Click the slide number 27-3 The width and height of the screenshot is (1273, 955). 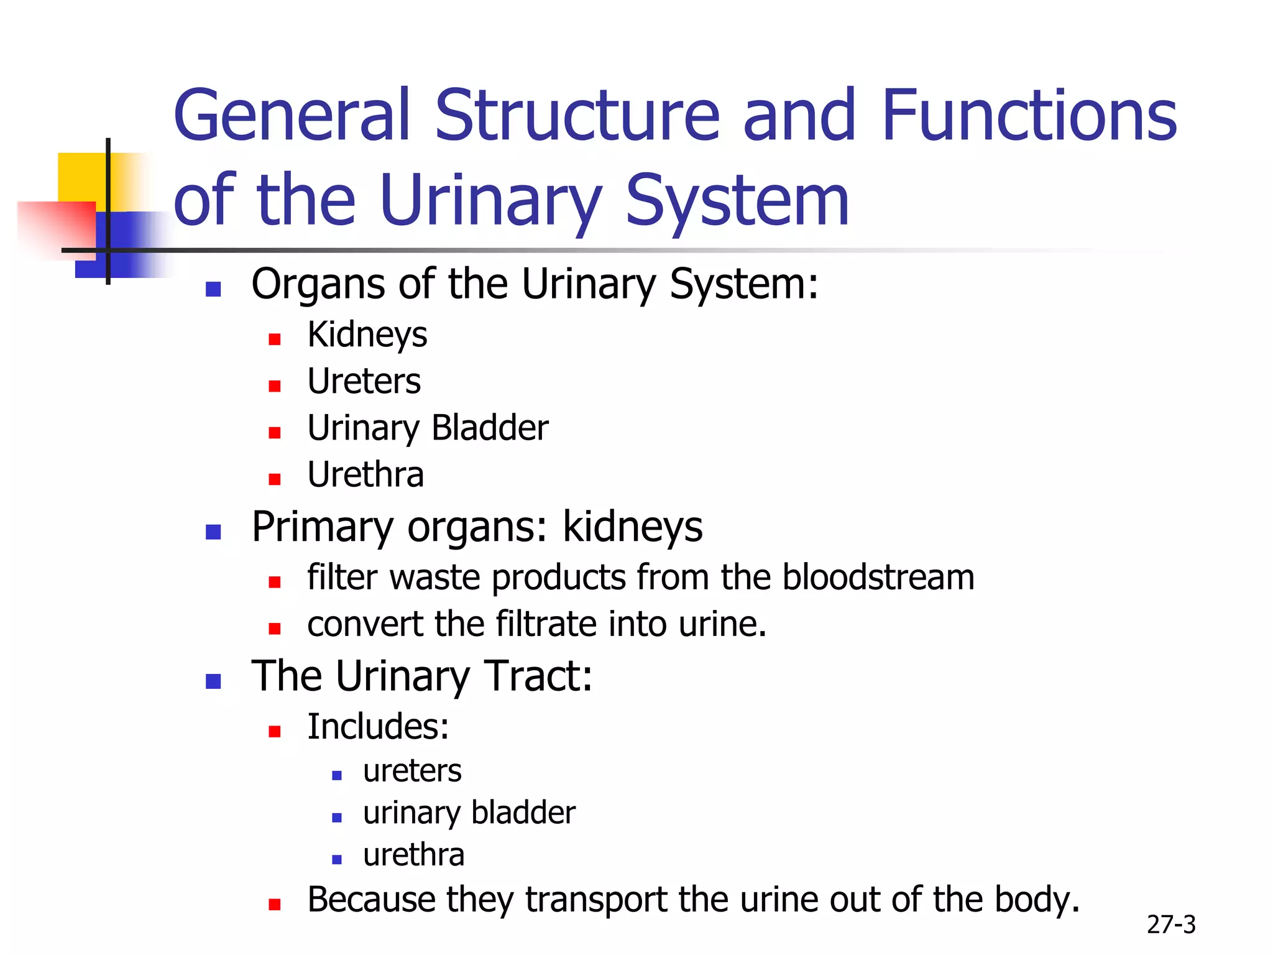coord(1171,925)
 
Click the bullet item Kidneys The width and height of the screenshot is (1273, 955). coord(367,335)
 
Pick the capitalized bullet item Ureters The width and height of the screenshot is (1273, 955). coord(364,381)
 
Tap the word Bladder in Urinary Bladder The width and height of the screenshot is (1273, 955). coord(490,428)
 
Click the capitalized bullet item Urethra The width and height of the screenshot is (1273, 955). coord(365,475)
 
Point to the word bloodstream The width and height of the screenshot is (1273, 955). coord(878,577)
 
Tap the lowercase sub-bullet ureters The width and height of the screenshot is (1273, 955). coord(412,771)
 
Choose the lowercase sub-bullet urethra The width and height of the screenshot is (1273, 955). coord(413,855)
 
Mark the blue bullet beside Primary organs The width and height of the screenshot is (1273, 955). coord(213,532)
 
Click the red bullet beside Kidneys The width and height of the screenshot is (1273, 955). coord(275,339)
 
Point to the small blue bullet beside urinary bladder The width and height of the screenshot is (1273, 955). coord(337,818)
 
